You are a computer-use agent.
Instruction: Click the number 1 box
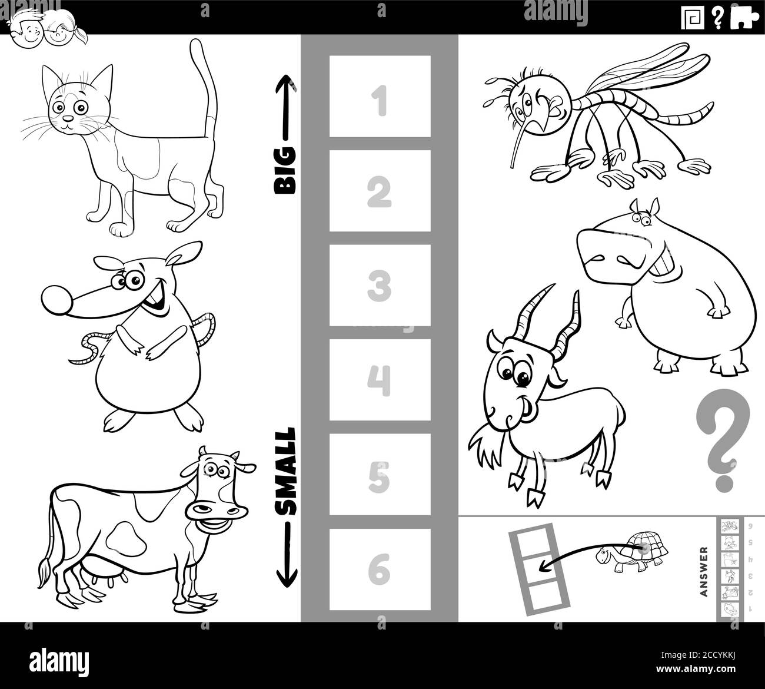(x=380, y=97)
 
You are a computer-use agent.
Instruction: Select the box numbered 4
(x=380, y=380)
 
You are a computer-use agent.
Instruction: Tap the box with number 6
(x=380, y=569)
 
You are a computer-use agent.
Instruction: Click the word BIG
(x=286, y=171)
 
